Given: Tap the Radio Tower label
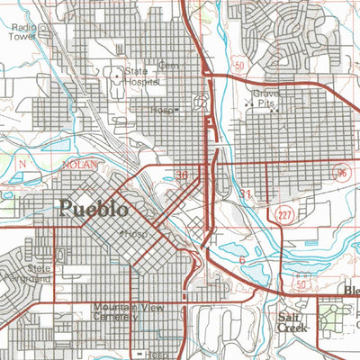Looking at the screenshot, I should (x=24, y=31).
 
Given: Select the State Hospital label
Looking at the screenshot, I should (x=141, y=76).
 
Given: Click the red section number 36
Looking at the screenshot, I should (x=183, y=175).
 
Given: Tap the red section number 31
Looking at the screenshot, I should (x=247, y=194).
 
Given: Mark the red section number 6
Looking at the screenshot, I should (x=242, y=261).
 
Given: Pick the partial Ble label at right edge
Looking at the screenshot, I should (x=352, y=291).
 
